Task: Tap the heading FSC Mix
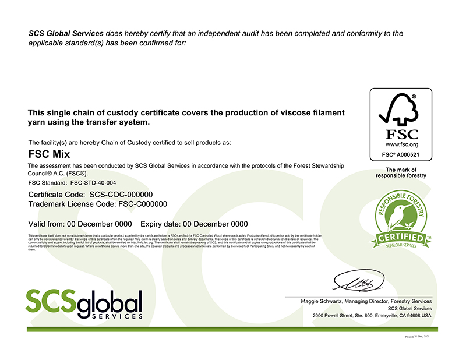click(49, 154)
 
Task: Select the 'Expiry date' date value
click(216, 224)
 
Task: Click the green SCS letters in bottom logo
click(50, 301)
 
